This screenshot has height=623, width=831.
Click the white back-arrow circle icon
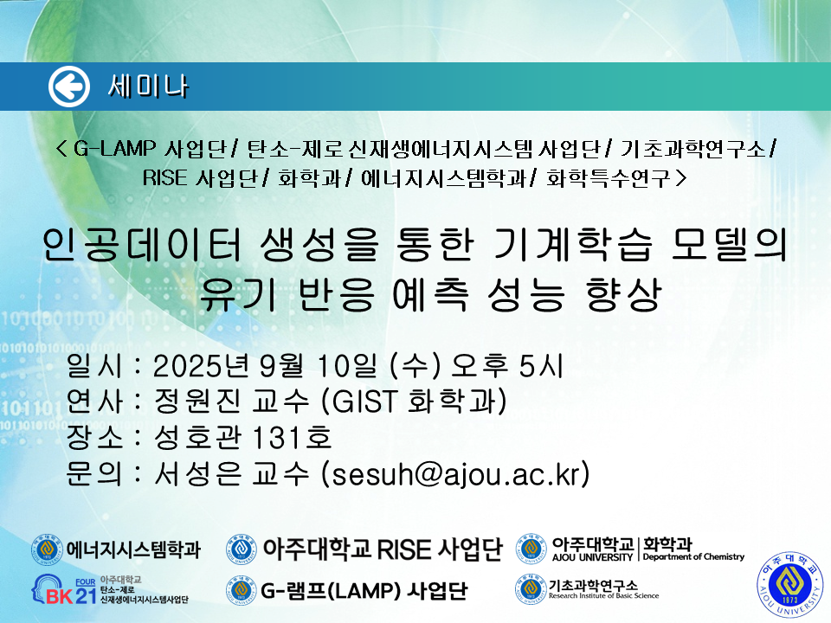[x=69, y=87]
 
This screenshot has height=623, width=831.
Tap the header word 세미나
[x=148, y=87]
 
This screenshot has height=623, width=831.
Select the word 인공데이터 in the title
[x=141, y=245]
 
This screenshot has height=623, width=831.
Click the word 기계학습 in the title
[x=572, y=245]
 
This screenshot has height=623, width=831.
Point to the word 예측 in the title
[x=430, y=294]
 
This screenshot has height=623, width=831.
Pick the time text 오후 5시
[x=506, y=365]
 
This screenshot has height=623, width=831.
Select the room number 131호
[x=292, y=438]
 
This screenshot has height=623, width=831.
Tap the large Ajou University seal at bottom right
[x=790, y=585]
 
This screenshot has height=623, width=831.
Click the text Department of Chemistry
[x=693, y=556]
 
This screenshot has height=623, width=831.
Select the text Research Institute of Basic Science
[x=603, y=595]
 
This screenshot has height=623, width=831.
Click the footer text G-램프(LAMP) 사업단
[x=364, y=590]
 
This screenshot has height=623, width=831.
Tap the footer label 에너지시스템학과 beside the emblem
[x=133, y=549]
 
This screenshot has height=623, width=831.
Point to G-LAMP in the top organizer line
[x=114, y=149]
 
